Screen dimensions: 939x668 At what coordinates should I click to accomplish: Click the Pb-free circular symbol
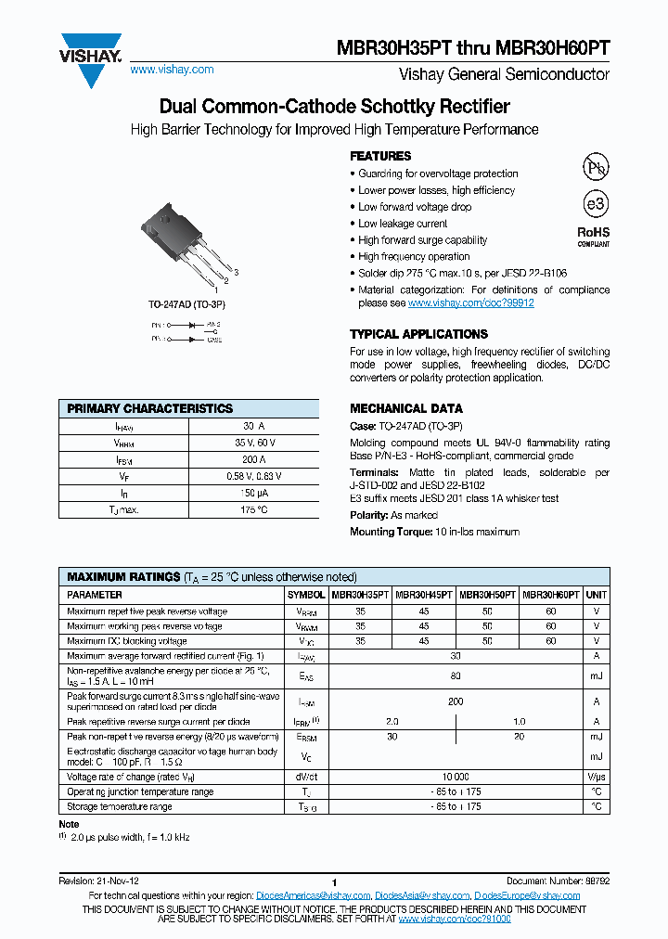point(594,167)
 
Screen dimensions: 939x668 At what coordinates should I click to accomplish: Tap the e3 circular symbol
point(594,204)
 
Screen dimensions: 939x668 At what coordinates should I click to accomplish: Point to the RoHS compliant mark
point(594,236)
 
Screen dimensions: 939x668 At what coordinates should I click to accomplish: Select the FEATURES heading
point(380,156)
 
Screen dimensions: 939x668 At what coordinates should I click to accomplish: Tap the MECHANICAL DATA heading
point(405,408)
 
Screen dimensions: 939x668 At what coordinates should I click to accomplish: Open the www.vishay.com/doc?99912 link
point(470,303)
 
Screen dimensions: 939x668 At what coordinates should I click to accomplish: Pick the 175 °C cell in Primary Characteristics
point(253,509)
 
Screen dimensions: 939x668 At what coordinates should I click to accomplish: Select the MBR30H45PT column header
point(424,595)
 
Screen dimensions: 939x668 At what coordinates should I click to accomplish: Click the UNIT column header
point(597,595)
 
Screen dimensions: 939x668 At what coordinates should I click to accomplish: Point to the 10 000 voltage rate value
point(455,777)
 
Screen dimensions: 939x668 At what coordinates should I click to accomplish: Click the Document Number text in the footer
point(558,882)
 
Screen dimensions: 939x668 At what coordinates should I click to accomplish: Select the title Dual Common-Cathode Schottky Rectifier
point(334,107)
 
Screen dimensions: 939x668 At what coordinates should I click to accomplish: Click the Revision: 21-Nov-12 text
point(98,882)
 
